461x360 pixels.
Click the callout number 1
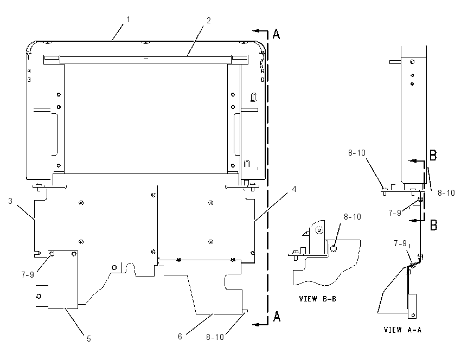click(x=128, y=20)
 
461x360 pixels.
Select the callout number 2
click(x=208, y=21)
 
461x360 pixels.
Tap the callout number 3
click(x=10, y=201)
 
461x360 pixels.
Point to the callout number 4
click(x=294, y=189)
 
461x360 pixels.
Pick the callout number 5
click(x=89, y=339)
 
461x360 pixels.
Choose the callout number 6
click(x=180, y=337)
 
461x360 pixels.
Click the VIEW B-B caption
click(x=317, y=299)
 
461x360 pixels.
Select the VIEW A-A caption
click(x=403, y=330)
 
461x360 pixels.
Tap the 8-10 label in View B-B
click(x=352, y=217)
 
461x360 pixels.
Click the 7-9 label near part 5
click(x=28, y=275)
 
